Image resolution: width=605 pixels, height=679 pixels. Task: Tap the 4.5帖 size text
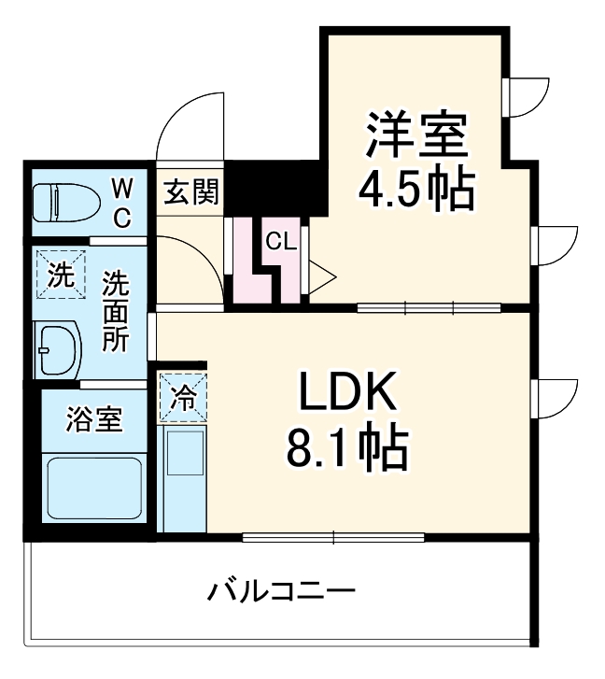[416, 190]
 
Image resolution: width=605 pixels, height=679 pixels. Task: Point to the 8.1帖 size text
[347, 450]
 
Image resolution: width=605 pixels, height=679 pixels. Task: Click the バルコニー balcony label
[281, 591]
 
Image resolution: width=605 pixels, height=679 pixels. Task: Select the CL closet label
[280, 242]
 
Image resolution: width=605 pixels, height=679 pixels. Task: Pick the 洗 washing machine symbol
[60, 276]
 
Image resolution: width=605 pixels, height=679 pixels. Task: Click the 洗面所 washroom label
[116, 311]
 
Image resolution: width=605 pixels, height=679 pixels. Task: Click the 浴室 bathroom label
[94, 420]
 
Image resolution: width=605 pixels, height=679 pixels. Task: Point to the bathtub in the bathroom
[94, 488]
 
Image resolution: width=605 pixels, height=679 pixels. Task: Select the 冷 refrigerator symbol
[183, 397]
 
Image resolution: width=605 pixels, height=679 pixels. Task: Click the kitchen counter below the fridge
[183, 477]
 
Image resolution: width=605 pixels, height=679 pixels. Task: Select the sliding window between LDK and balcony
[333, 538]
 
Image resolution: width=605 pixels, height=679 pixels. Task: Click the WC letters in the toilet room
[122, 202]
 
